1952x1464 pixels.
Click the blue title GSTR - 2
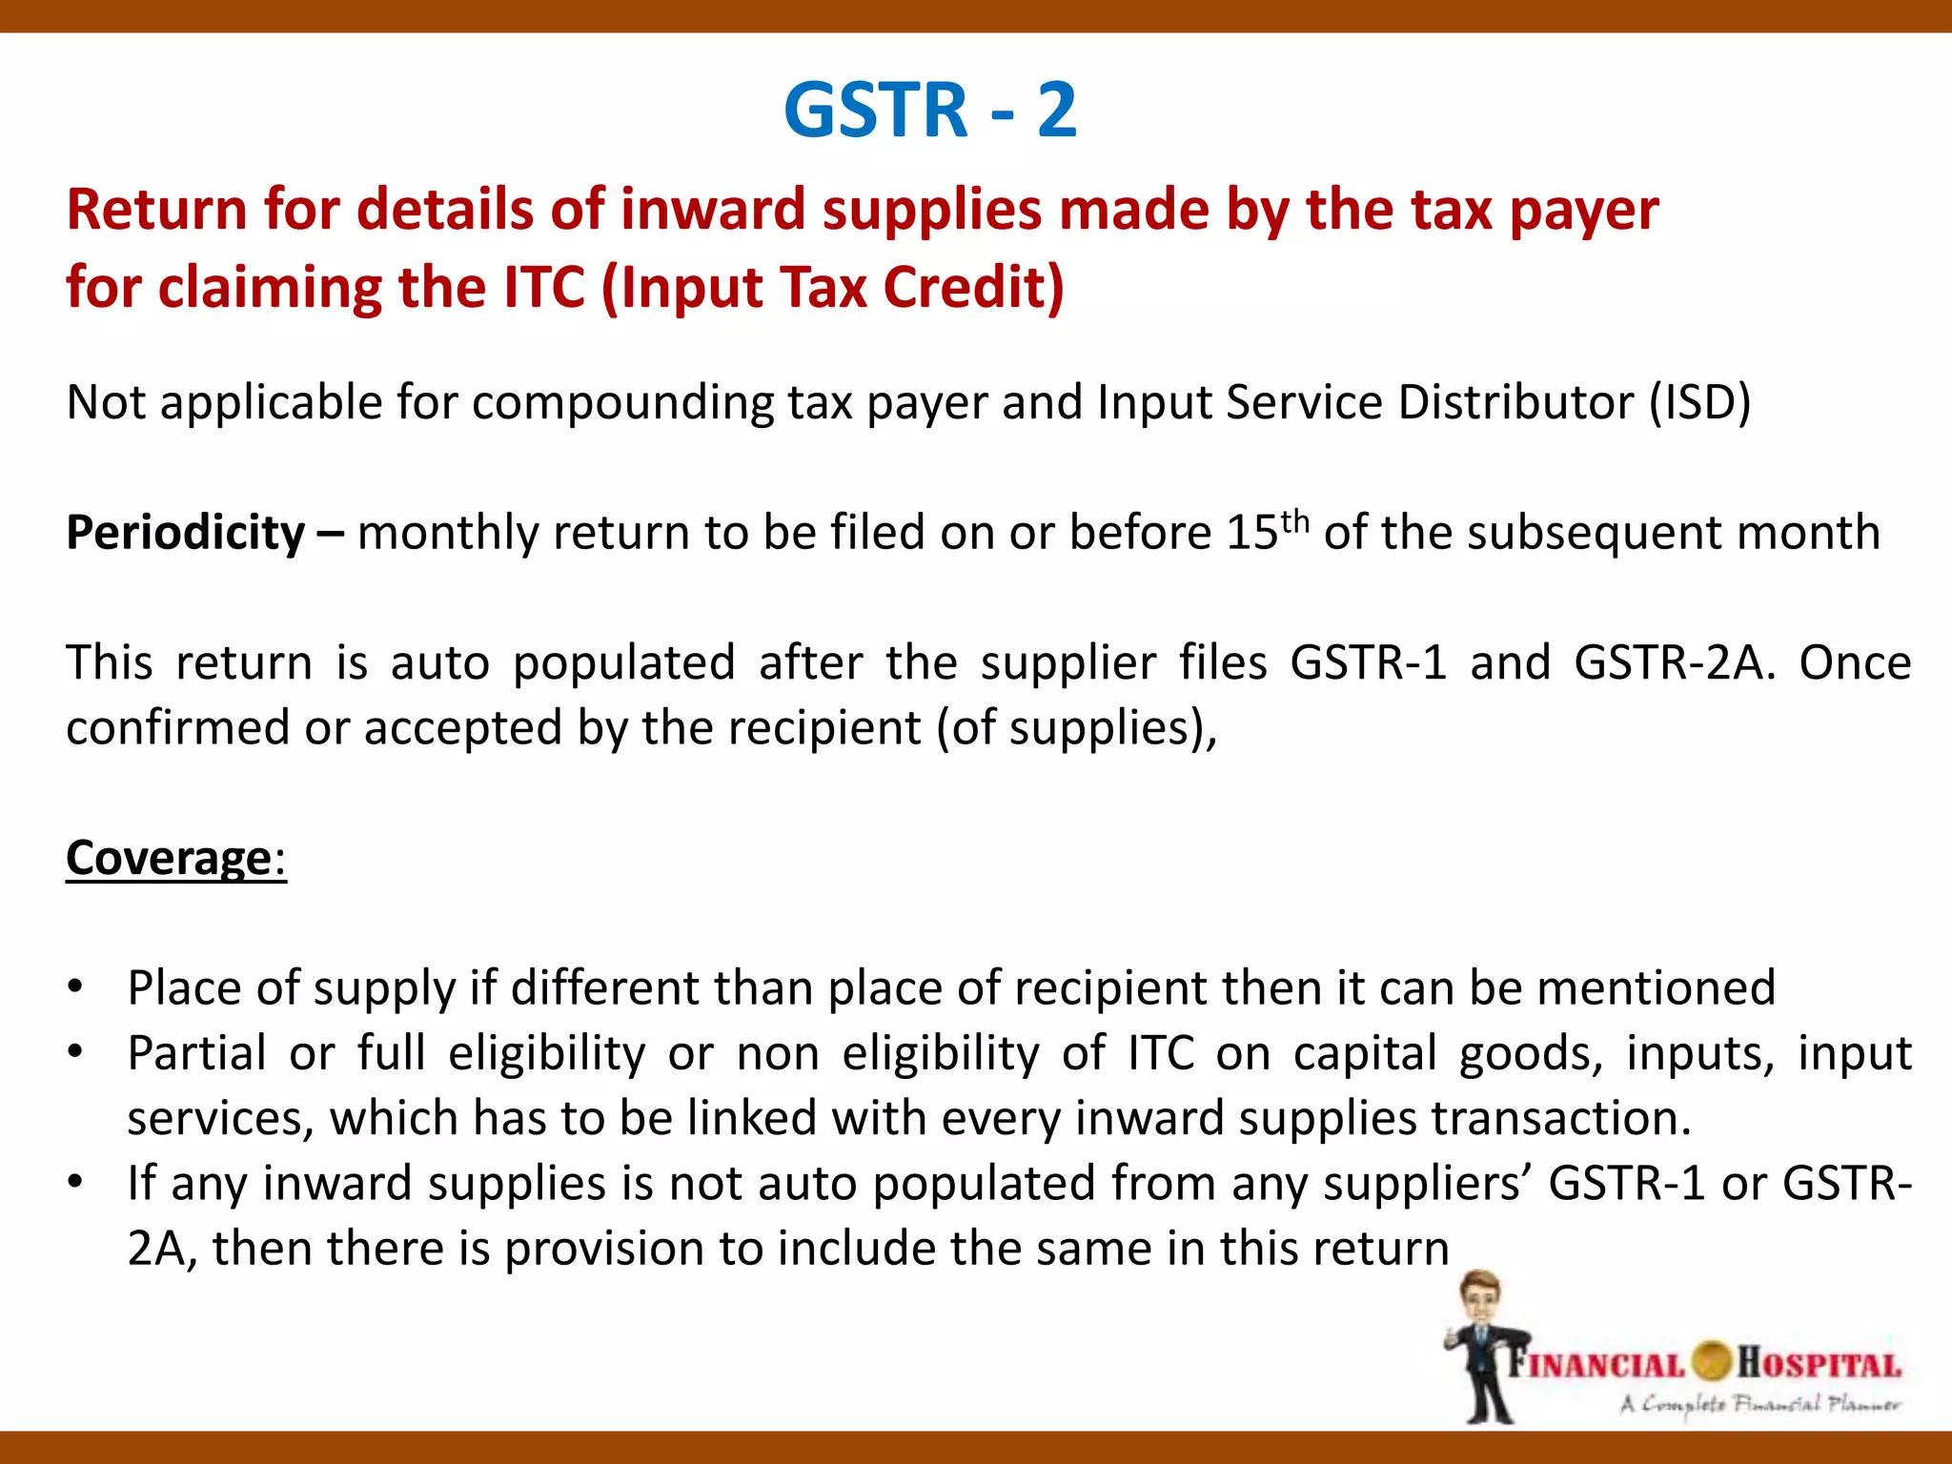click(x=930, y=111)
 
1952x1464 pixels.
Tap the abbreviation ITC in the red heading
click(x=543, y=288)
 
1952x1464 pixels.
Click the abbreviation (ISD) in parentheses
click(x=1700, y=402)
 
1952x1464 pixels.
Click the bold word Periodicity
click(x=186, y=533)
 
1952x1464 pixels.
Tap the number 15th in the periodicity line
click(x=1268, y=532)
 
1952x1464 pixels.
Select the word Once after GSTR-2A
click(x=1855, y=662)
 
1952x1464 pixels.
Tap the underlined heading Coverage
click(x=170, y=858)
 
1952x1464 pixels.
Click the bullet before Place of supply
click(x=76, y=987)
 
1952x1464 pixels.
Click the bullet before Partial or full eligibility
click(x=76, y=1053)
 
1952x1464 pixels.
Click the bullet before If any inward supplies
click(x=76, y=1183)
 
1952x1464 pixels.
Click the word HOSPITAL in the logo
click(x=1819, y=1363)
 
